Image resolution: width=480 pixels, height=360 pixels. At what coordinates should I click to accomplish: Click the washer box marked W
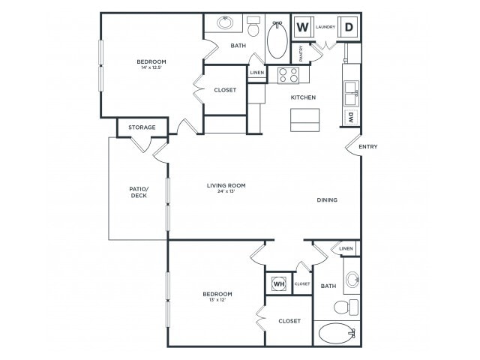302,28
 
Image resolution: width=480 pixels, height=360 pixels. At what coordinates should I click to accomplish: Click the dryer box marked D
349,28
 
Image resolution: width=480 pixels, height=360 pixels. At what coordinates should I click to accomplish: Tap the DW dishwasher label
350,117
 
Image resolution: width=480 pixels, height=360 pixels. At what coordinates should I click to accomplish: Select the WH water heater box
278,284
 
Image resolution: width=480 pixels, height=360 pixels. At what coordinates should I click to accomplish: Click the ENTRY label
367,146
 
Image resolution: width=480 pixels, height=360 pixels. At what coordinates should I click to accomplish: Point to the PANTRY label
301,53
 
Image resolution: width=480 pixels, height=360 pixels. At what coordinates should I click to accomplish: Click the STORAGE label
142,127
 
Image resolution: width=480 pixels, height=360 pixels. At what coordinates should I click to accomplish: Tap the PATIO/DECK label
137,191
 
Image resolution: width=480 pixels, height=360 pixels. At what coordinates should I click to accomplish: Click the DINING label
327,200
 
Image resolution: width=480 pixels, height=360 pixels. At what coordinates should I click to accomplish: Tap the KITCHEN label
303,97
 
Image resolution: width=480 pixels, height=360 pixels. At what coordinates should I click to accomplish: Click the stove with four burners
289,75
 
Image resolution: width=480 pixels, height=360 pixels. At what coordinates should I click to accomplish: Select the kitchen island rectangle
305,119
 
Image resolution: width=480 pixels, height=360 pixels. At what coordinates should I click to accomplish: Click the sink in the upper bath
226,22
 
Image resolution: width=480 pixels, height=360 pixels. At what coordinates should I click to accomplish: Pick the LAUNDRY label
325,27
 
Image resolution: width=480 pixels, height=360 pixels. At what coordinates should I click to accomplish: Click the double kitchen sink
350,94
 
